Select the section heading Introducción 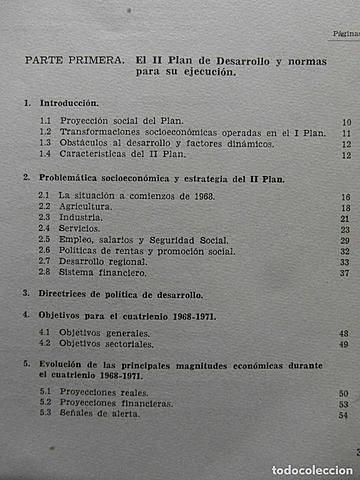pos(68,103)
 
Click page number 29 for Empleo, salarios pos(343,241)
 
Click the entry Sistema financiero pos(98,273)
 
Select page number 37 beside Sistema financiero pos(343,273)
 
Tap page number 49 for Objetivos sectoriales pos(343,344)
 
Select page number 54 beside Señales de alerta pos(343,415)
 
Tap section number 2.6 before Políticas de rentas pos(44,251)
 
